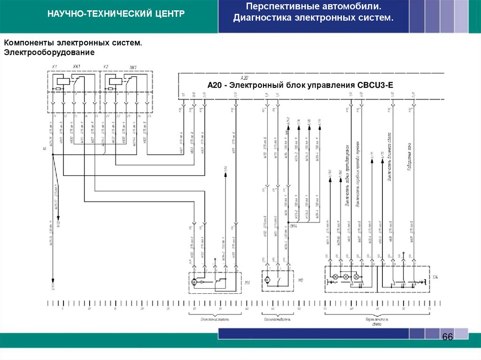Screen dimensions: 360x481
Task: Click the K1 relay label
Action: (54, 67)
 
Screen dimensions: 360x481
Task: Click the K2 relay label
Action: (106, 67)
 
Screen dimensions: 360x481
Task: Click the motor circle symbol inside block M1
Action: (194, 282)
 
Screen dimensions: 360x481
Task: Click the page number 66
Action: (447, 338)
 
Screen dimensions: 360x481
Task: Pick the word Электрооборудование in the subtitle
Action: (49, 52)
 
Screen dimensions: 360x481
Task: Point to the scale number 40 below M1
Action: (247, 309)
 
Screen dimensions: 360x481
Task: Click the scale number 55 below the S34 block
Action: (325, 309)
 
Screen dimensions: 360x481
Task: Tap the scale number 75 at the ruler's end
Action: (429, 309)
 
